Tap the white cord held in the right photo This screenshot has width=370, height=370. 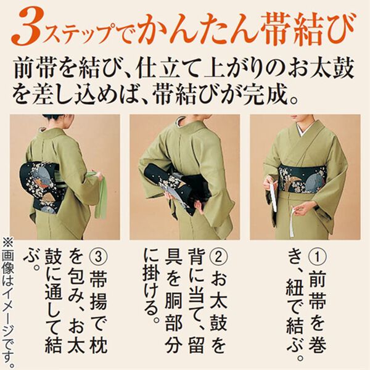[273, 197]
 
